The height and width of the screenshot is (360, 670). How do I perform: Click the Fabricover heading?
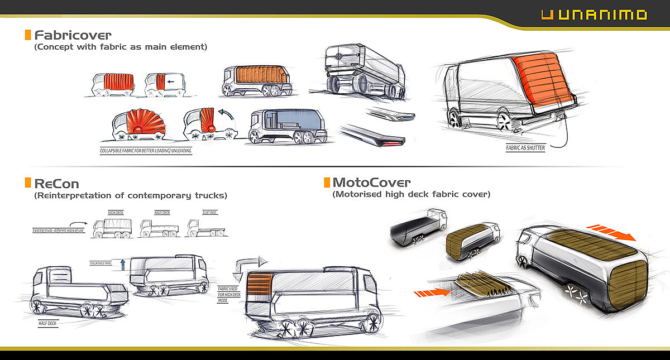[73, 35]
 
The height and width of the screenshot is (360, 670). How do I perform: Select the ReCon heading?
[56, 183]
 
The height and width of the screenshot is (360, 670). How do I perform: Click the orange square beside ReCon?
[28, 183]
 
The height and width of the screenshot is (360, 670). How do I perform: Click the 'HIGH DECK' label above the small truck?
[115, 213]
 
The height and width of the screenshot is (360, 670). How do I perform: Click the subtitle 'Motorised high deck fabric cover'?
[411, 194]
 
